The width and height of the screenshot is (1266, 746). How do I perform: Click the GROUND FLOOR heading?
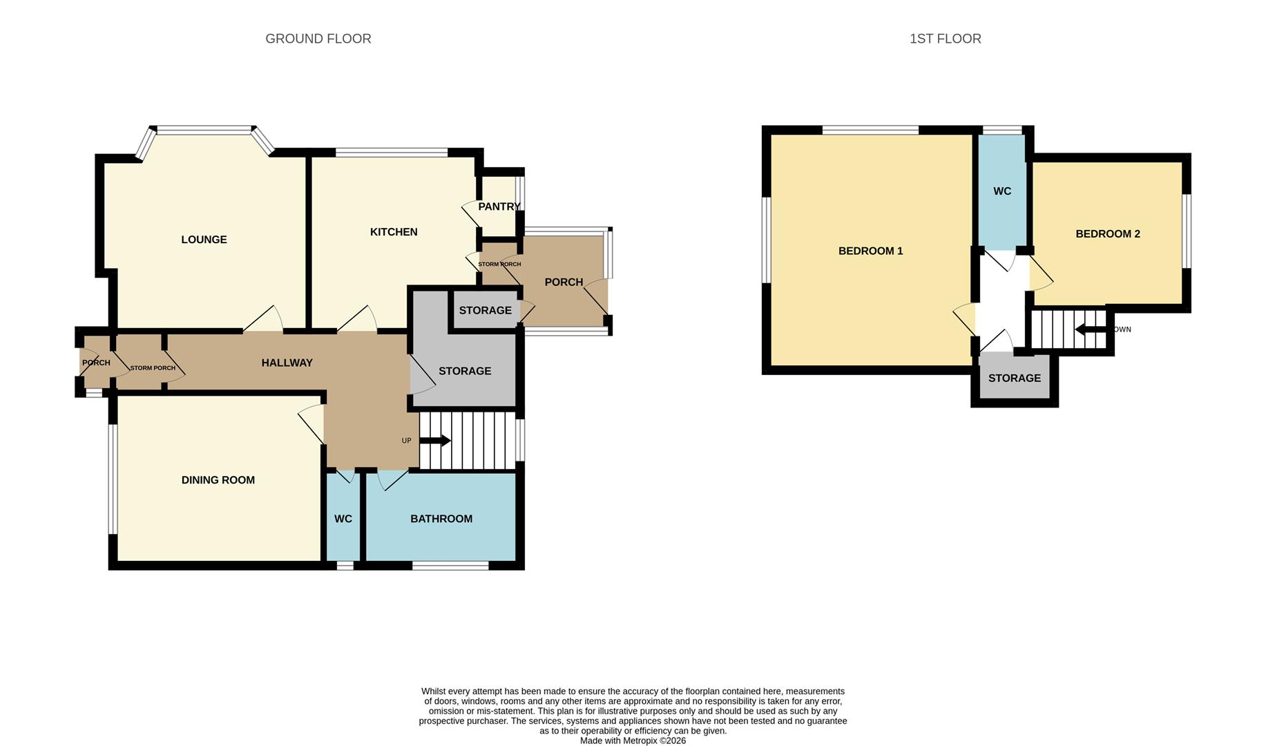318,39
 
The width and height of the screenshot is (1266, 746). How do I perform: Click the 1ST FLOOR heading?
945,39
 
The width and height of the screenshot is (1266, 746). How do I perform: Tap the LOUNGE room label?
204,240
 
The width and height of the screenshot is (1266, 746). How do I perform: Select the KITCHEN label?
394,232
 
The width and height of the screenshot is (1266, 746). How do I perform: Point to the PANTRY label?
499,207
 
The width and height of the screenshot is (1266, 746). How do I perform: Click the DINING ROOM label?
218,480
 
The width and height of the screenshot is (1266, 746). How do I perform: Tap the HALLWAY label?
287,363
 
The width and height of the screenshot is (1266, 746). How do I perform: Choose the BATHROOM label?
441,519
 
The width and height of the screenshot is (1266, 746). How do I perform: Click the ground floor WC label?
343,519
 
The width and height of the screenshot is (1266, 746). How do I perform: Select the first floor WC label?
1002,191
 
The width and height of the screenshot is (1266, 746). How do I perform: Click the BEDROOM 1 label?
870,251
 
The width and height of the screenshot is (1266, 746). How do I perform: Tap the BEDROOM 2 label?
1107,234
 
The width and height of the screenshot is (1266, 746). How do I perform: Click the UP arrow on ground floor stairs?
436,441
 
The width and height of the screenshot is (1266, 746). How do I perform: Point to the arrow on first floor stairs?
1091,329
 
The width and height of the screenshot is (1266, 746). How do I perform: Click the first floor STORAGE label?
1014,378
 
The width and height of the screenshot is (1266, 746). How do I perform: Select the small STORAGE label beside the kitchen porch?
485,310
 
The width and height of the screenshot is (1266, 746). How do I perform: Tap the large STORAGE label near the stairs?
465,371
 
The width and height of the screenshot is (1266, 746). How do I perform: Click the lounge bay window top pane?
204,129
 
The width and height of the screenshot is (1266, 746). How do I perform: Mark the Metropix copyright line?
633,740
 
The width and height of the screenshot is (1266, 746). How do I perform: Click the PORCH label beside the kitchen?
564,282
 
